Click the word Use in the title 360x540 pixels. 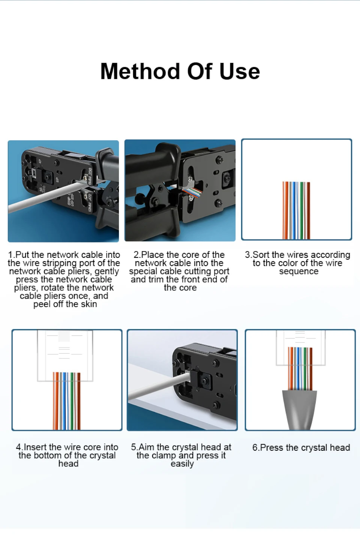tap(240, 71)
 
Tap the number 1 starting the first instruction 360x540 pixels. tap(10, 255)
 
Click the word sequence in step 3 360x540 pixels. tap(298, 272)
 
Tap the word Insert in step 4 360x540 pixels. tap(35, 447)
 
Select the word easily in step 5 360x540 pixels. tap(182, 464)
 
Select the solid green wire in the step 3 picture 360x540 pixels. tap(301, 211)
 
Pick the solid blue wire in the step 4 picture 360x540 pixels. tap(64, 401)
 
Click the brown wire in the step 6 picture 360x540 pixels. tap(311, 369)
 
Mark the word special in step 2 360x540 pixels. tap(143, 272)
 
